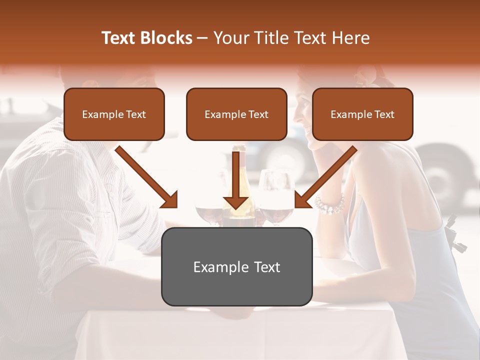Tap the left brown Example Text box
[x=114, y=114]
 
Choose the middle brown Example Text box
[x=236, y=114]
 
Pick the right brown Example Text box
[x=362, y=114]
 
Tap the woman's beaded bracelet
[x=330, y=203]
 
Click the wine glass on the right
[x=275, y=200]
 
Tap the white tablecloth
[x=235, y=332]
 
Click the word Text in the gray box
[x=264, y=267]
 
